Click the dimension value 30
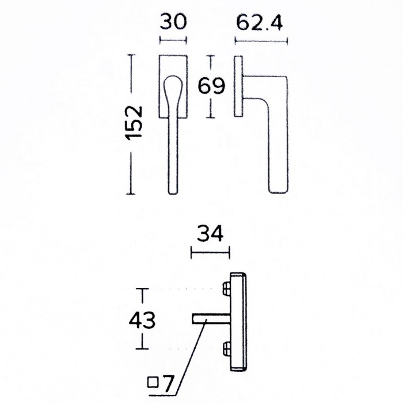coord(173,23)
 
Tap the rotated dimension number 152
coord(134,122)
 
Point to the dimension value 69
coord(211,87)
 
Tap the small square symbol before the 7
coord(153,381)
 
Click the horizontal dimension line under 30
coord(173,40)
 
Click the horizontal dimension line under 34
coord(210,250)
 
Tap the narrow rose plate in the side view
coord(237,86)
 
